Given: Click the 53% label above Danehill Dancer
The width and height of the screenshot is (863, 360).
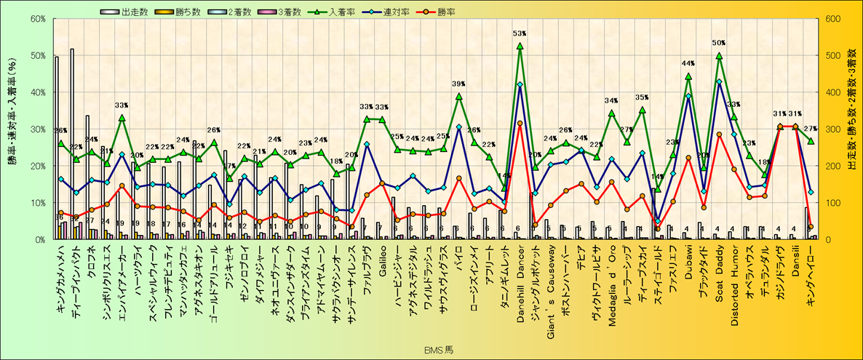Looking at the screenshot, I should [520, 33].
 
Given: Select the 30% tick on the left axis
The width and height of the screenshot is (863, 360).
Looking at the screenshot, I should [38, 129].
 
